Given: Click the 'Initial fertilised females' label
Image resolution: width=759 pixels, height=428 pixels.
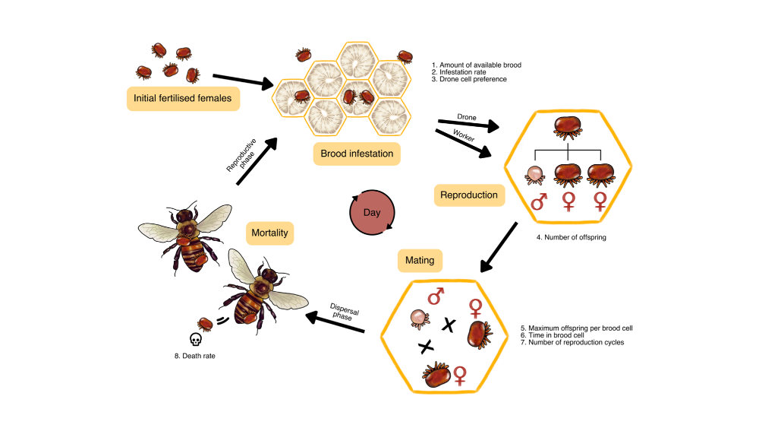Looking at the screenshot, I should tap(182, 98).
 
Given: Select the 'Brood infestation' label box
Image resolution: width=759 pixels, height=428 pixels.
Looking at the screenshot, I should tap(357, 154).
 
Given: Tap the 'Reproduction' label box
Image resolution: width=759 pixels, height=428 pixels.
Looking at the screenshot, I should tap(469, 195).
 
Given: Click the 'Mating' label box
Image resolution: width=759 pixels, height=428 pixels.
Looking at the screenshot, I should tap(420, 260).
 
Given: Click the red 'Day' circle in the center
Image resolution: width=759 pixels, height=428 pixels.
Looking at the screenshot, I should tap(372, 213).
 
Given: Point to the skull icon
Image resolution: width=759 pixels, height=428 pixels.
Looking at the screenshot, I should tap(195, 339).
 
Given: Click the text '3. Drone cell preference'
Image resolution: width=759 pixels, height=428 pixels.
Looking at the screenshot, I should tap(469, 79).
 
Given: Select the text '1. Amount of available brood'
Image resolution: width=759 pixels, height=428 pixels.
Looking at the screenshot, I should tap(476, 65).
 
